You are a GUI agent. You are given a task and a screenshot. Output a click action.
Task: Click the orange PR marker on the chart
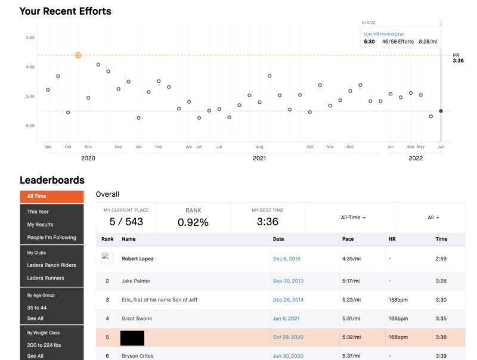(78, 55)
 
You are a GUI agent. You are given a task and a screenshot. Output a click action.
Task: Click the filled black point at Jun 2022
(441, 111)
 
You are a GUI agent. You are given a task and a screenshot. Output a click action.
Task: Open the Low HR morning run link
(385, 34)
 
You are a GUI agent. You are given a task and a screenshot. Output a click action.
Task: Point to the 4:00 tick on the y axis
(30, 67)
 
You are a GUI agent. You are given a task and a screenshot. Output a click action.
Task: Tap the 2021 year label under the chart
(259, 159)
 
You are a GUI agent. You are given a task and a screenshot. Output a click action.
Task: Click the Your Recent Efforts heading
(65, 11)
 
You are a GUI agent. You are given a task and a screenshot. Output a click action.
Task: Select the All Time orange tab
(36, 196)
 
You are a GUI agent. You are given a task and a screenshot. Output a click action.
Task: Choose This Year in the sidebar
(38, 212)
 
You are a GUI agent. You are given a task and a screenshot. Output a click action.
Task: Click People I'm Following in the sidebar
(51, 237)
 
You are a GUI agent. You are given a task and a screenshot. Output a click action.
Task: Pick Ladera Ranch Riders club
(51, 265)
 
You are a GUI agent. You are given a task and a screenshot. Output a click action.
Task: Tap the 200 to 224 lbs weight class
(44, 345)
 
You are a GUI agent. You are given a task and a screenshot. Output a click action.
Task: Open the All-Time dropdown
(353, 218)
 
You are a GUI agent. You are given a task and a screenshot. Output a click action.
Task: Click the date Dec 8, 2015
(287, 259)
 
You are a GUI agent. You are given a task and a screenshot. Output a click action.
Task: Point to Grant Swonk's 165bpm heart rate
(398, 319)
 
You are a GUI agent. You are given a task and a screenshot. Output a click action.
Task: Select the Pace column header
(348, 239)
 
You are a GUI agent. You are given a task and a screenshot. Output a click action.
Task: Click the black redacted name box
(132, 337)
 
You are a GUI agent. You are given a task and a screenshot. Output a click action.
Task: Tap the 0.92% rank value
(193, 222)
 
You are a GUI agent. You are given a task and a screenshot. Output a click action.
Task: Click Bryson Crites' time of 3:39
(441, 356)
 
